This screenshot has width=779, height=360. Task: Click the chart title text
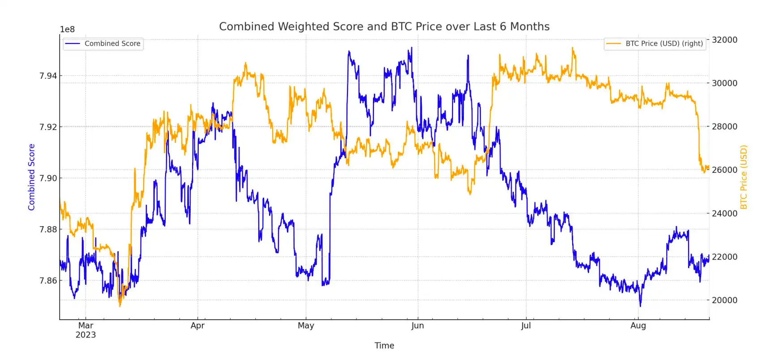(x=384, y=26)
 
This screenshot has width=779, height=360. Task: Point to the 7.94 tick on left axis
(x=48, y=76)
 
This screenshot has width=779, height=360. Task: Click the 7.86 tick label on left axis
(x=48, y=281)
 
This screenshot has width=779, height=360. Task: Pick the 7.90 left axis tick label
(x=48, y=178)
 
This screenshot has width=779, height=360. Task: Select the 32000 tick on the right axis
(x=724, y=40)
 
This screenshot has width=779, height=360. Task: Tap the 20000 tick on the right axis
(x=724, y=300)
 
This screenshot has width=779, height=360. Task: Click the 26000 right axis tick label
(x=724, y=170)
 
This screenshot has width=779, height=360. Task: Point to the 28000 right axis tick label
(x=724, y=127)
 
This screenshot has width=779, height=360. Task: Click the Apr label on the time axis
(x=197, y=326)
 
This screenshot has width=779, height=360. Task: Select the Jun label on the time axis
(x=418, y=326)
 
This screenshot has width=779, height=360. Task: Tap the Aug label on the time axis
(x=638, y=326)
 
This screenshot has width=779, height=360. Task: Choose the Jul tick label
(x=526, y=326)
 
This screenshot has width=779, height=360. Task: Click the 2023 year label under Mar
(x=86, y=335)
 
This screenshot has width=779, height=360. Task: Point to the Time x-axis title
(x=384, y=346)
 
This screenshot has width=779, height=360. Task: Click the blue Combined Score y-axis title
(x=31, y=177)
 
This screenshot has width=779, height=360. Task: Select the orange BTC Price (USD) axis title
(x=744, y=177)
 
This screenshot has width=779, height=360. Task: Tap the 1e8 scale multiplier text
(x=67, y=30)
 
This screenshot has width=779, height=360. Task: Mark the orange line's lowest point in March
(x=120, y=306)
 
